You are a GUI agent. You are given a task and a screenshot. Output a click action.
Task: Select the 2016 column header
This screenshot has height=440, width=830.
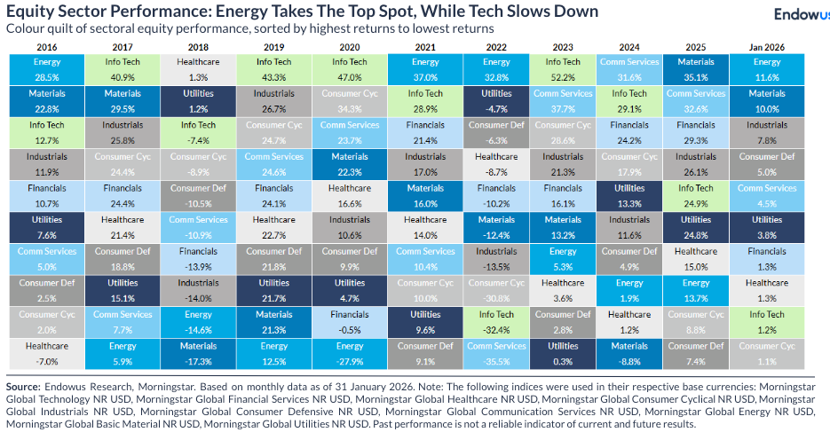pos(47,46)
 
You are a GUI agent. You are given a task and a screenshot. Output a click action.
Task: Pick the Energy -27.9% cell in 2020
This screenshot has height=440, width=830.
pos(350,353)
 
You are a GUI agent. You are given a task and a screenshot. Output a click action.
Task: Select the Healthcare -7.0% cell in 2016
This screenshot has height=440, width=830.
pos(47,353)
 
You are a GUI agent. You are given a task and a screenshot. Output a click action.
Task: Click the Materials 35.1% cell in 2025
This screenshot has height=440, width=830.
pos(696,69)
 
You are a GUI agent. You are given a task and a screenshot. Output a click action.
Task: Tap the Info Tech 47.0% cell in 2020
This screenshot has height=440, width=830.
pos(350,69)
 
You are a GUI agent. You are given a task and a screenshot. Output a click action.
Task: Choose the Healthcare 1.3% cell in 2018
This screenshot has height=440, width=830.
pos(197,69)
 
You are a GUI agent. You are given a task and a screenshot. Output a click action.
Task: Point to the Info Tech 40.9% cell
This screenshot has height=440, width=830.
pos(122,69)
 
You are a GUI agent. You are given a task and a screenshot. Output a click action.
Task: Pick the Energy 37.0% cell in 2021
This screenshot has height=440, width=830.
pos(425,69)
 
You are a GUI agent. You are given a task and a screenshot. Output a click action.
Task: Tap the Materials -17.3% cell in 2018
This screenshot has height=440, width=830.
pos(197,353)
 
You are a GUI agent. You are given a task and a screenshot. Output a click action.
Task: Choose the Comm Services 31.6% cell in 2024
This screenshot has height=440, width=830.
pos(628,69)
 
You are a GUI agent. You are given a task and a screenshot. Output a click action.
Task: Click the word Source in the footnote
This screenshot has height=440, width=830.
pos(23,388)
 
